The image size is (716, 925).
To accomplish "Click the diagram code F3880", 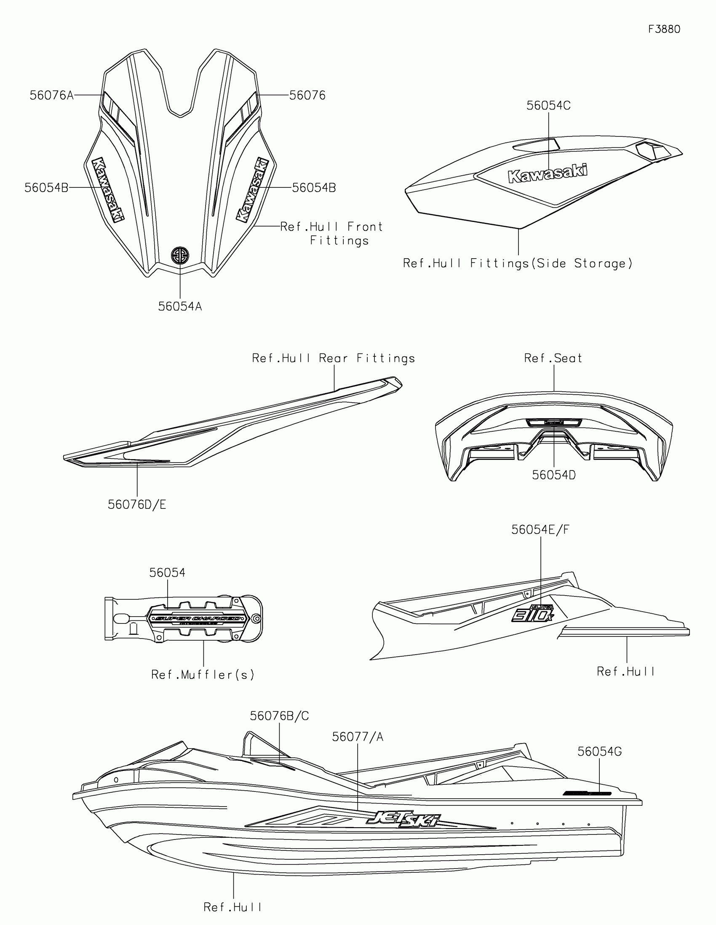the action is click(664, 29).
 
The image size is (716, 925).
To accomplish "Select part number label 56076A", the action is click(52, 95).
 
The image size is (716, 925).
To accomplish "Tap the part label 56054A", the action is click(180, 306).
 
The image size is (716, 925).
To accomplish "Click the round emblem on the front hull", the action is click(180, 255).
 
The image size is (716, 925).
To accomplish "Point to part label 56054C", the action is click(548, 105).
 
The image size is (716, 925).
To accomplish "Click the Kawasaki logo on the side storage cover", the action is click(548, 173).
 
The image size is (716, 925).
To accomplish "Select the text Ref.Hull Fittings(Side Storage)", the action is click(518, 263).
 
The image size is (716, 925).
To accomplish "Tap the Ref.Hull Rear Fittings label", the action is click(333, 358).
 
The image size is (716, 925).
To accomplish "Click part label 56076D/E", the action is click(137, 505).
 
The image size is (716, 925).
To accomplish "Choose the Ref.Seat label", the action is click(553, 358).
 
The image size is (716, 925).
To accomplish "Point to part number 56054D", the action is click(553, 475).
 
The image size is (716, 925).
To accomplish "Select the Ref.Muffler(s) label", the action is click(203, 674).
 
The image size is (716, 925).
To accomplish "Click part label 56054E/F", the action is click(540, 529).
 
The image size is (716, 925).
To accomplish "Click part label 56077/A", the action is click(357, 737).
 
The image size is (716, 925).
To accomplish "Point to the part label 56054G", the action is click(599, 751).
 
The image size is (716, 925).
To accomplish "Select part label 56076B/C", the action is click(279, 716).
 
